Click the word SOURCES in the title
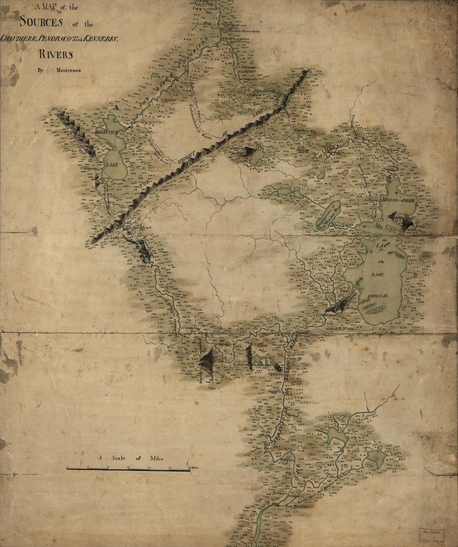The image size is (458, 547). click(41, 22)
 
